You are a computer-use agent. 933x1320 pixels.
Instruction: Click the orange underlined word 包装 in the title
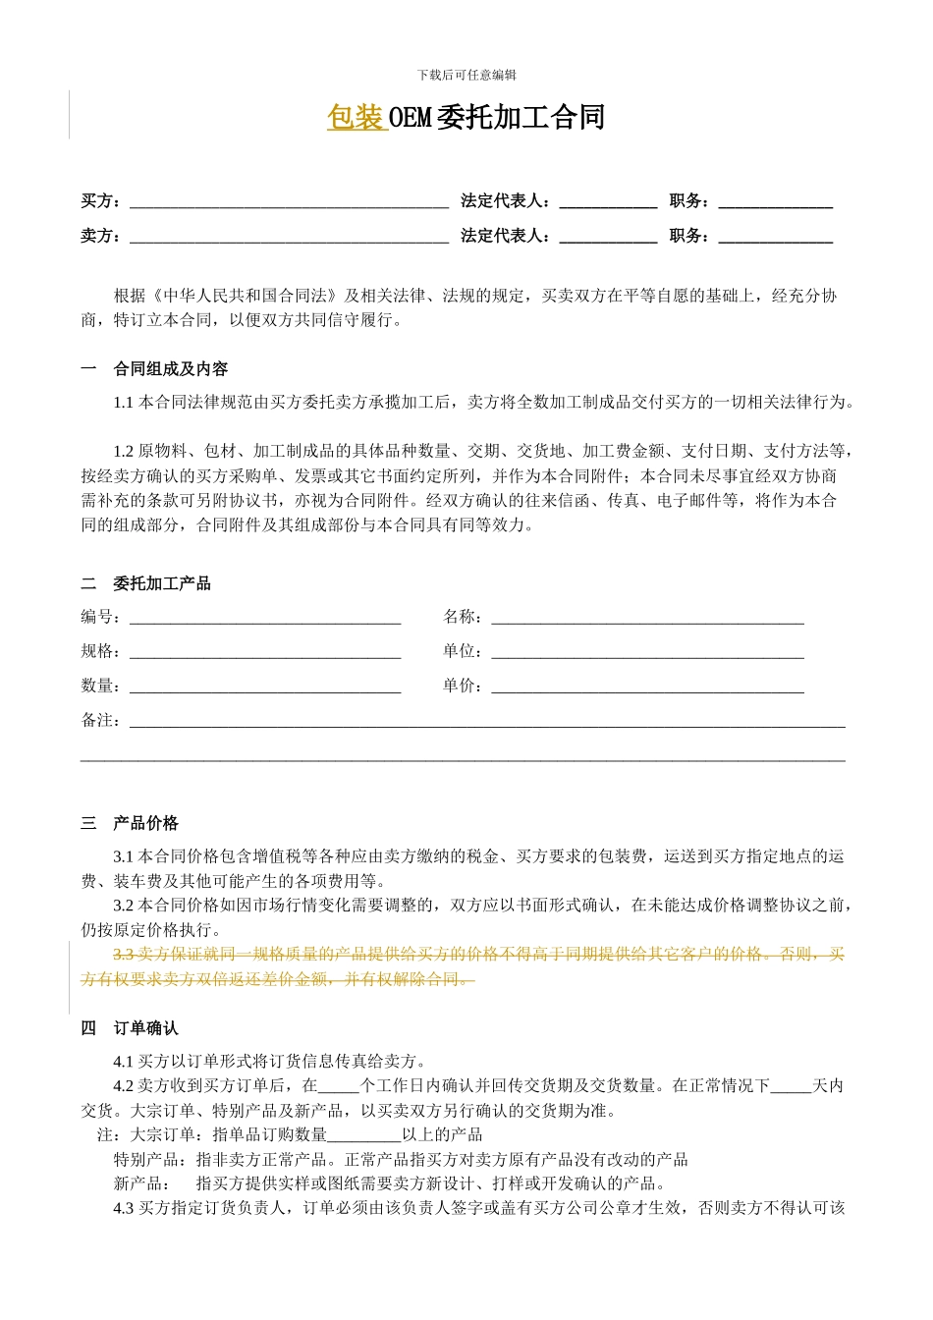pyautogui.click(x=355, y=118)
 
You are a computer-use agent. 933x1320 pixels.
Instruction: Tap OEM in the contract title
pyautogui.click(x=411, y=118)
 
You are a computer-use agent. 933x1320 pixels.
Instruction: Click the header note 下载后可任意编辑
pyautogui.click(x=466, y=75)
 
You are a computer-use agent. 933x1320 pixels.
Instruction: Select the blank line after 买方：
pyautogui.click(x=289, y=202)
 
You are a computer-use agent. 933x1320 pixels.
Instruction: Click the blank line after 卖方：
pyautogui.click(x=289, y=237)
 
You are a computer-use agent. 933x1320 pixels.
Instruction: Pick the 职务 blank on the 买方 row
pyautogui.click(x=775, y=202)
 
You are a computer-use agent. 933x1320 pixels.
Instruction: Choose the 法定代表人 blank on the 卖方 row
pyautogui.click(x=608, y=237)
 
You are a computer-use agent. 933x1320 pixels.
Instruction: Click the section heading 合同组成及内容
pyautogui.click(x=171, y=369)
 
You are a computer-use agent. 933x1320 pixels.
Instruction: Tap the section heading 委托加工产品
pyautogui.click(x=162, y=583)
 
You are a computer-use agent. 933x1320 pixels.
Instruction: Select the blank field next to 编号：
pyautogui.click(x=265, y=618)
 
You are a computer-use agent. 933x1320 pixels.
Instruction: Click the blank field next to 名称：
pyautogui.click(x=647, y=618)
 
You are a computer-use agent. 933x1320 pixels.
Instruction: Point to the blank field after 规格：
pyautogui.click(x=265, y=652)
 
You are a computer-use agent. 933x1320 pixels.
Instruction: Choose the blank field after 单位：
pyautogui.click(x=647, y=652)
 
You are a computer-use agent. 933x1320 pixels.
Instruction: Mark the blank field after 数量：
pyautogui.click(x=265, y=687)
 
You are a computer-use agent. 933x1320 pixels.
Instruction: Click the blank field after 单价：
pyautogui.click(x=647, y=687)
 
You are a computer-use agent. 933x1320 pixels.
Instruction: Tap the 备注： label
pyautogui.click(x=101, y=721)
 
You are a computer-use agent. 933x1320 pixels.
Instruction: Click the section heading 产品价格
pyautogui.click(x=146, y=823)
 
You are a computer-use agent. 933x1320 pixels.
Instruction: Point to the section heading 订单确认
pyautogui.click(x=146, y=1028)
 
